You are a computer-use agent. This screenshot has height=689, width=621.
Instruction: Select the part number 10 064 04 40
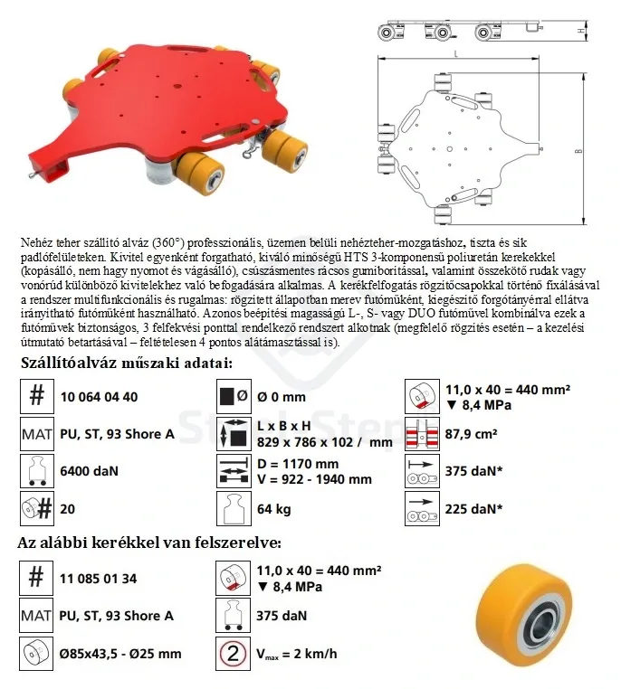click(x=99, y=396)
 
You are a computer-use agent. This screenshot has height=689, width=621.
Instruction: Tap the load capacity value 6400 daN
click(x=89, y=471)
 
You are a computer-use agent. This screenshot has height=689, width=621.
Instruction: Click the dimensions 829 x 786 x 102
click(x=310, y=442)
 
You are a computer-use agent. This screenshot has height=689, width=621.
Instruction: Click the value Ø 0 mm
click(x=282, y=396)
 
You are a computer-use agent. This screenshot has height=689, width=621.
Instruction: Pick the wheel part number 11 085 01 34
click(x=98, y=578)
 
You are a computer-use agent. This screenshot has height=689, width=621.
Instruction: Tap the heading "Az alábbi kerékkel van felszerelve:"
click(x=149, y=543)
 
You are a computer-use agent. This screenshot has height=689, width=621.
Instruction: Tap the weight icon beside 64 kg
click(x=231, y=509)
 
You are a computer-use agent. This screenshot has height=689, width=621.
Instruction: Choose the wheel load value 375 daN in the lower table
click(x=282, y=616)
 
